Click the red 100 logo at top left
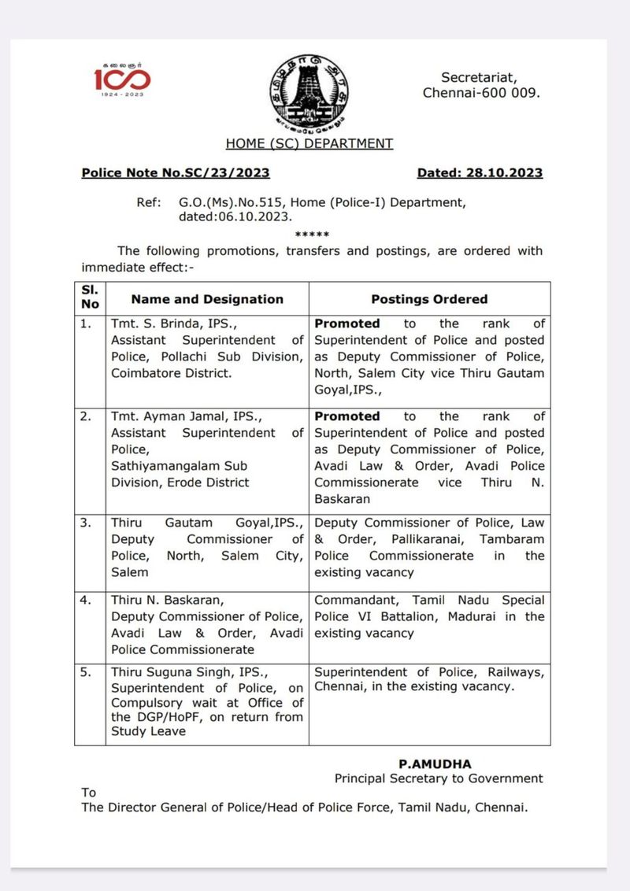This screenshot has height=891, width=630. (122, 79)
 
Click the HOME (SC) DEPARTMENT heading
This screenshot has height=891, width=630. (309, 143)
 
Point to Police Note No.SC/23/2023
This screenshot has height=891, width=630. (175, 173)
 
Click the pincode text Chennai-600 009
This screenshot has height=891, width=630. (481, 93)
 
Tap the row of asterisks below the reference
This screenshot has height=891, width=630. (312, 235)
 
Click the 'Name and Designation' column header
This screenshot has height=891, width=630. (207, 299)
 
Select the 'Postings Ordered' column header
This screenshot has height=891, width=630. (429, 299)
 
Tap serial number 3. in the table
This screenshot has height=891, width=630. (87, 523)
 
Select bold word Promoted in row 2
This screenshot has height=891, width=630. (347, 416)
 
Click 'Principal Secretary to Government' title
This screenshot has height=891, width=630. (439, 778)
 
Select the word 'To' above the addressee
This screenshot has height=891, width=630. (89, 793)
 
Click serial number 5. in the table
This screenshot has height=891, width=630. (87, 672)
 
